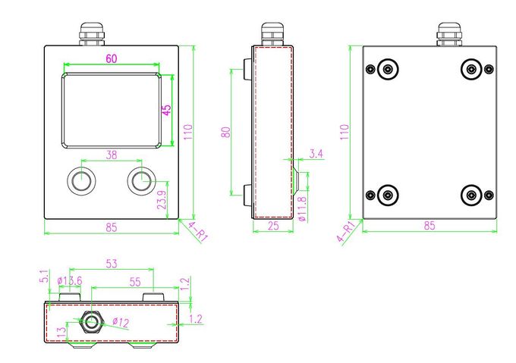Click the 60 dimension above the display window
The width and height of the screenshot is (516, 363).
click(x=112, y=58)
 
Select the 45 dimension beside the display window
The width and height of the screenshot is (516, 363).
click(x=167, y=110)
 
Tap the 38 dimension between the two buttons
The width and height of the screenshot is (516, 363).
click(x=112, y=155)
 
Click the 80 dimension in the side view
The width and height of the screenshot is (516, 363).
click(x=226, y=132)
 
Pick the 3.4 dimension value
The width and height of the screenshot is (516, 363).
click(x=316, y=153)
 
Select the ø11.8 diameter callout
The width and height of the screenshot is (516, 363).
click(x=303, y=208)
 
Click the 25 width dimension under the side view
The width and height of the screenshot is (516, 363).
click(x=273, y=225)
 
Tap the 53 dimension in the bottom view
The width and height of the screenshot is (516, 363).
click(x=112, y=264)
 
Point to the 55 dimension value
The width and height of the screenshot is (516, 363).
click(x=135, y=281)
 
